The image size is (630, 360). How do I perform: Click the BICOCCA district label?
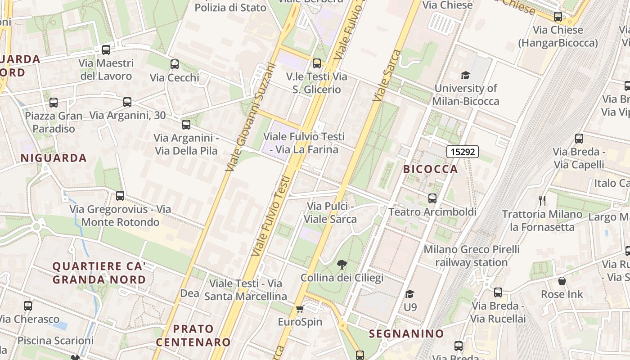pyautogui.click(x=431, y=169)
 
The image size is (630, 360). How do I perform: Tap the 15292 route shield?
pyautogui.click(x=463, y=152)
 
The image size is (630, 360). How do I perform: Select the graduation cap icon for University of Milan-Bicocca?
pyautogui.click(x=465, y=75)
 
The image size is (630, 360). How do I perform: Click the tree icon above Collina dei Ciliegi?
pyautogui.click(x=342, y=264)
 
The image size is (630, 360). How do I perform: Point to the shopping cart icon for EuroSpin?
pyautogui.click(x=300, y=309)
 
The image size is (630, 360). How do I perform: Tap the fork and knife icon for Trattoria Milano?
pyautogui.click(x=542, y=200)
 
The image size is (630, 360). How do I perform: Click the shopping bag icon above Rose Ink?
pyautogui.click(x=562, y=281)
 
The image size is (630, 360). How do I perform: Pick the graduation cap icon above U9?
pyautogui.click(x=409, y=294)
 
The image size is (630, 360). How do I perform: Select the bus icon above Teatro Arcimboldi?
pyautogui.click(x=432, y=198)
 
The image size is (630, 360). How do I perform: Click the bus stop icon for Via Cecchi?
pyautogui.click(x=175, y=64)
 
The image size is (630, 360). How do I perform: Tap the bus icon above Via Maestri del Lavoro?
pyautogui.click(x=106, y=50)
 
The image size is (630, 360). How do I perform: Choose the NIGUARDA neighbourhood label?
pyautogui.click(x=54, y=158)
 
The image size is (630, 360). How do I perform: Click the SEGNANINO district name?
pyautogui.click(x=406, y=334)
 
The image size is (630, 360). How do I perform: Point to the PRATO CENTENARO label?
pyautogui.click(x=193, y=335)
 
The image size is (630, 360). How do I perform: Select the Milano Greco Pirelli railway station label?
pyautogui.click(x=472, y=256)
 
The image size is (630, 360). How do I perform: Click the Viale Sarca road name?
pyautogui.click(x=387, y=76)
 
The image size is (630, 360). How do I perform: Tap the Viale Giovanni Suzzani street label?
pyautogui.click(x=250, y=117)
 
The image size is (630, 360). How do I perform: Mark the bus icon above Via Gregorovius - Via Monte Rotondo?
pyautogui.click(x=120, y=196)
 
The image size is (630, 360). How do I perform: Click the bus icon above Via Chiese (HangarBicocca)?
pyautogui.click(x=558, y=17)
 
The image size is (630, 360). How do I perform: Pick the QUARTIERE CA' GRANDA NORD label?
pyautogui.click(x=99, y=273)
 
